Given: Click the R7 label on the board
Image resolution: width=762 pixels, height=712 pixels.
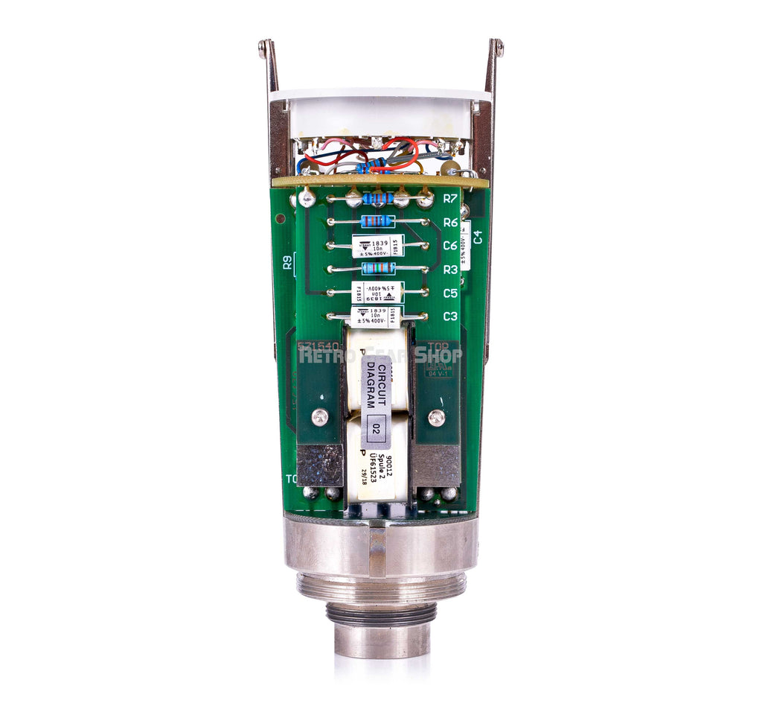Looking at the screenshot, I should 449,199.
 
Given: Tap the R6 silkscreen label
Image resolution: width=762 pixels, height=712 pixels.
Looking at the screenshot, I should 449,222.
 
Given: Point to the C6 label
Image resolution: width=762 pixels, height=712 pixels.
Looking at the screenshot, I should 449,246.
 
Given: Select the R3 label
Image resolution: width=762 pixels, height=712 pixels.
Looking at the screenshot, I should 449,270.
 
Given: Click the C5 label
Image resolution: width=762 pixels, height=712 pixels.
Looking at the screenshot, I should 449,293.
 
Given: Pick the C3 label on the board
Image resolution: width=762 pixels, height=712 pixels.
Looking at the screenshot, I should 449,317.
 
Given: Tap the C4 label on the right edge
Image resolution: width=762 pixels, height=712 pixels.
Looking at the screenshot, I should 478,238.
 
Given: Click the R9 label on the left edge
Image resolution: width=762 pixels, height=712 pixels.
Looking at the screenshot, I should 287,262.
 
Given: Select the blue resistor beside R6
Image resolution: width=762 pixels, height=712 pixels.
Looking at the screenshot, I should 377,221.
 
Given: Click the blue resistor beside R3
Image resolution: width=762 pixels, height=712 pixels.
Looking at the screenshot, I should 378,268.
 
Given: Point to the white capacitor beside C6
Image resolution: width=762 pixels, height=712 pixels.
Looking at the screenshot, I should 377,246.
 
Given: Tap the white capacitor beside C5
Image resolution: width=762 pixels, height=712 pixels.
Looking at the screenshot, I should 377,292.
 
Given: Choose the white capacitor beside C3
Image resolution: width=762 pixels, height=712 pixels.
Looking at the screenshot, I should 377,317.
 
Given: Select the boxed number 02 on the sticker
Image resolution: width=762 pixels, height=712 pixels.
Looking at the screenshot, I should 375,430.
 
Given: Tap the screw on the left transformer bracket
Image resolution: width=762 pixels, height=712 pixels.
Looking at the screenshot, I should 320,418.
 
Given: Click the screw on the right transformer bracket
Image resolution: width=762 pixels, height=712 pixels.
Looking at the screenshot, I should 437,418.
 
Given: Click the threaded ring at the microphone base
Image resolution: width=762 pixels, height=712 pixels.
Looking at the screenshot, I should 381,585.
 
